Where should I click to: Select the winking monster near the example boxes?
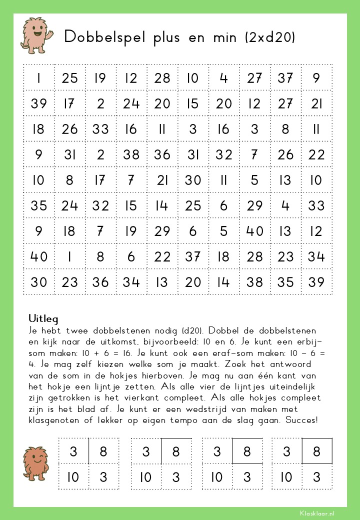coord(37,463)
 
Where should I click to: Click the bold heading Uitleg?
coord(43,318)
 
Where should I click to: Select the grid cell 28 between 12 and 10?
coord(162,78)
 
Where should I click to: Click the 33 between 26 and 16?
coord(100,129)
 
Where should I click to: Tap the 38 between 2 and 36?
coord(131,154)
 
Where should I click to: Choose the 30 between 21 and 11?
coord(193,180)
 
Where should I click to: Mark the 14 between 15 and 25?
coord(162,205)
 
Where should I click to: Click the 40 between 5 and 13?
coord(254,231)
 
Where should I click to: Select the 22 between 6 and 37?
coord(162,256)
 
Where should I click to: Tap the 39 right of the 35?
coord(316,282)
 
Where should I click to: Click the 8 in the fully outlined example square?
coord(316,452)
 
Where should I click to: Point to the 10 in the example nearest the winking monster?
coord(73,477)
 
